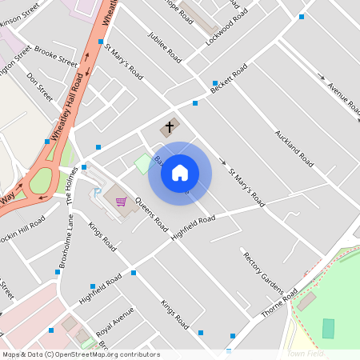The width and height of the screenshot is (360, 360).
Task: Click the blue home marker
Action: click(x=180, y=173)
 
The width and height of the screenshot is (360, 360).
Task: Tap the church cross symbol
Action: click(x=169, y=127)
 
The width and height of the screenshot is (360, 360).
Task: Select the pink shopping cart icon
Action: click(x=121, y=201)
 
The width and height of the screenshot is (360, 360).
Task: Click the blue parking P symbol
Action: click(x=98, y=192)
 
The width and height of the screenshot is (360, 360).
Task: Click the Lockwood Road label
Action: click(x=223, y=27)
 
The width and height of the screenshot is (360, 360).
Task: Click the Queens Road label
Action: click(x=151, y=212)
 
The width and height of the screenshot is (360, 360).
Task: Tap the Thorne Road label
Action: click(x=283, y=303)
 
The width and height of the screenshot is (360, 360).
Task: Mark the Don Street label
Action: click(x=39, y=87)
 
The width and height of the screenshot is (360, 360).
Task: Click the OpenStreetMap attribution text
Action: click(x=81, y=354)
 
